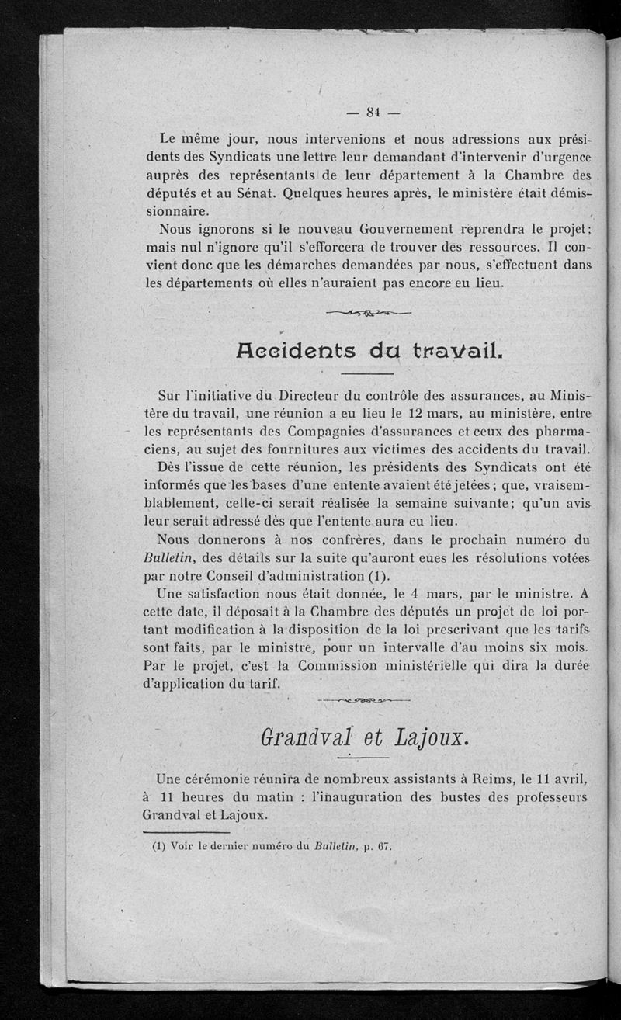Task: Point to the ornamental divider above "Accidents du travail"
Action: pos(368,313)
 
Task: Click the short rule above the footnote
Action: pos(187,832)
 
